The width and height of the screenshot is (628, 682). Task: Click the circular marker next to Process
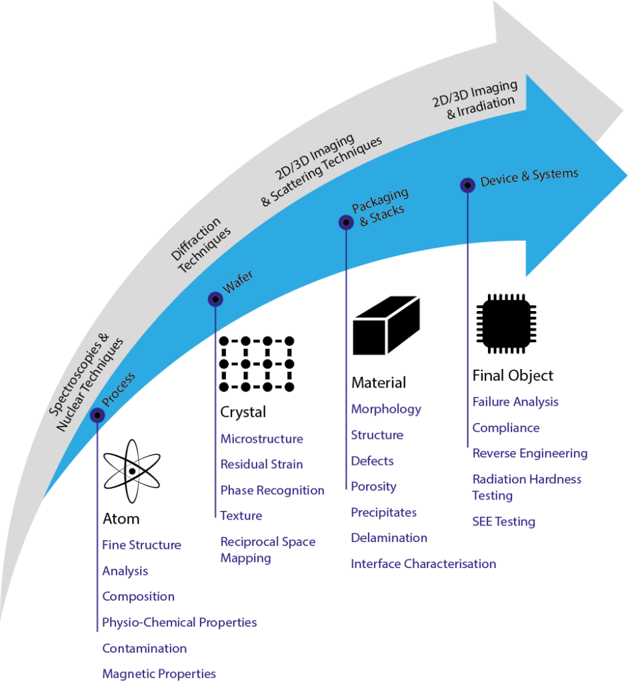coord(97,415)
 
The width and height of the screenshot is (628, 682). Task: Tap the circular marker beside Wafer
coord(215,299)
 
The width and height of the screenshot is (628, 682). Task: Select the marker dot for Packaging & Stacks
coord(345,222)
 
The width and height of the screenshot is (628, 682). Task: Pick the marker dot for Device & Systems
coord(467,185)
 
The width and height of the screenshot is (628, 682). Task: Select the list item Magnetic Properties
coord(159,673)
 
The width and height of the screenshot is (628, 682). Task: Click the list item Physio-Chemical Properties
coord(179,622)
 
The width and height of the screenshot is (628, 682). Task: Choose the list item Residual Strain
coord(261,464)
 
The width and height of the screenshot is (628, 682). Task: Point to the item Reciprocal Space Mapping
coord(267,549)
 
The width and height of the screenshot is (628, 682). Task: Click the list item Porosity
coord(373,486)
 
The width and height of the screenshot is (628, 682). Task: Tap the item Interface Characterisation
coord(423,564)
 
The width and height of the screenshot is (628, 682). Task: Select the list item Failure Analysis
coord(515,402)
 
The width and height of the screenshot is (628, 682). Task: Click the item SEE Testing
coord(503,521)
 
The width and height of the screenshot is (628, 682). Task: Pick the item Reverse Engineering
coord(529,453)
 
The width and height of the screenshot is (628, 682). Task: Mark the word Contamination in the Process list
coord(144,648)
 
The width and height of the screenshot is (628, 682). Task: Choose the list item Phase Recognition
coord(272,490)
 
